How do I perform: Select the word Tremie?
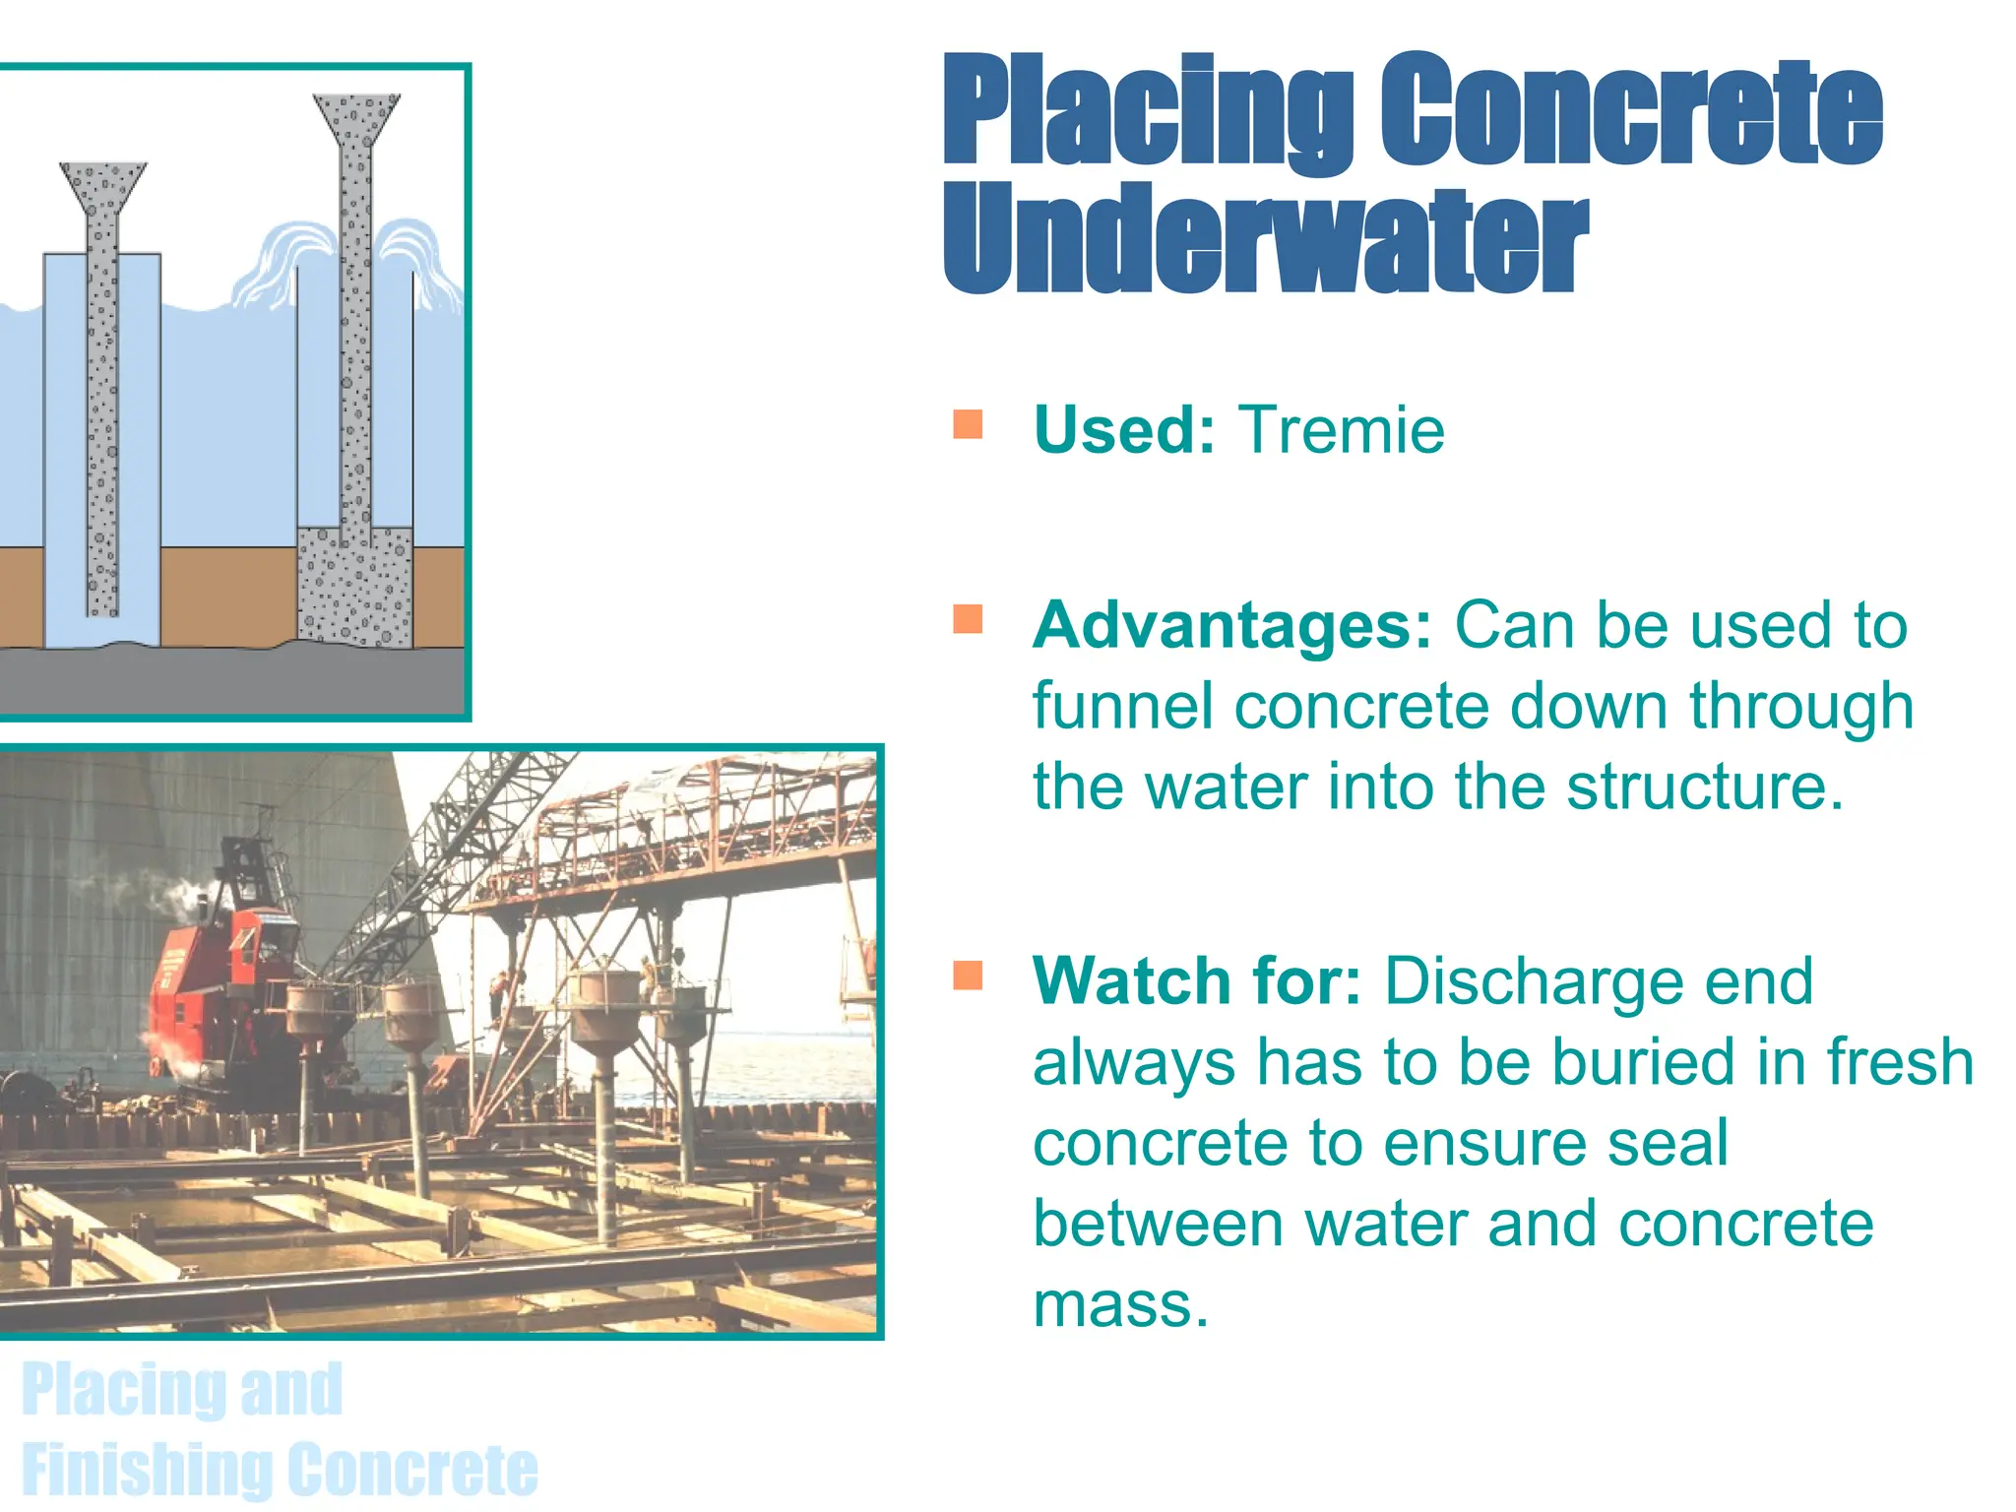[1341, 430]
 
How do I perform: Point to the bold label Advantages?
[1231, 625]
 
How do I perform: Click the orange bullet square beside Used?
[968, 424]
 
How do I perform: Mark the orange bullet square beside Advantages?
[968, 619]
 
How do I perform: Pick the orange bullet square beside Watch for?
[968, 975]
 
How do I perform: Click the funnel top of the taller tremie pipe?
[356, 117]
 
